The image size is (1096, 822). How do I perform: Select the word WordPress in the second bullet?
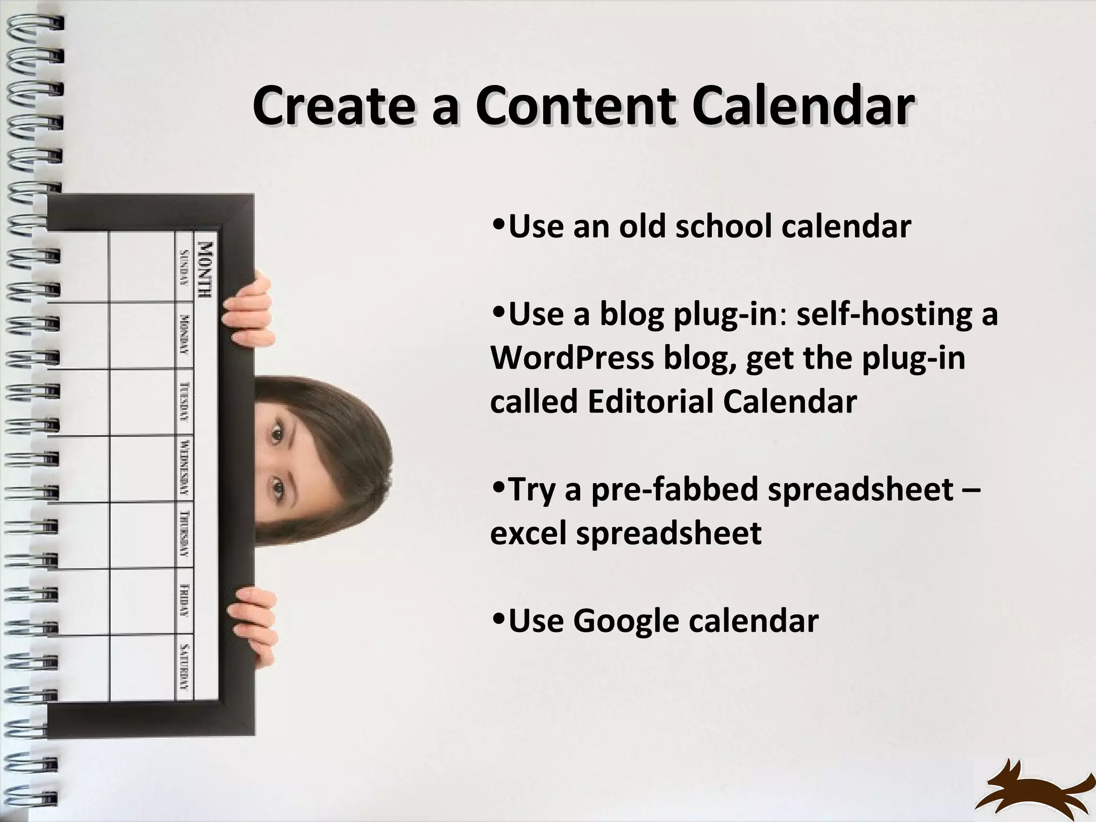point(572,357)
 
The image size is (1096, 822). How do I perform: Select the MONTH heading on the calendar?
point(206,270)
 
